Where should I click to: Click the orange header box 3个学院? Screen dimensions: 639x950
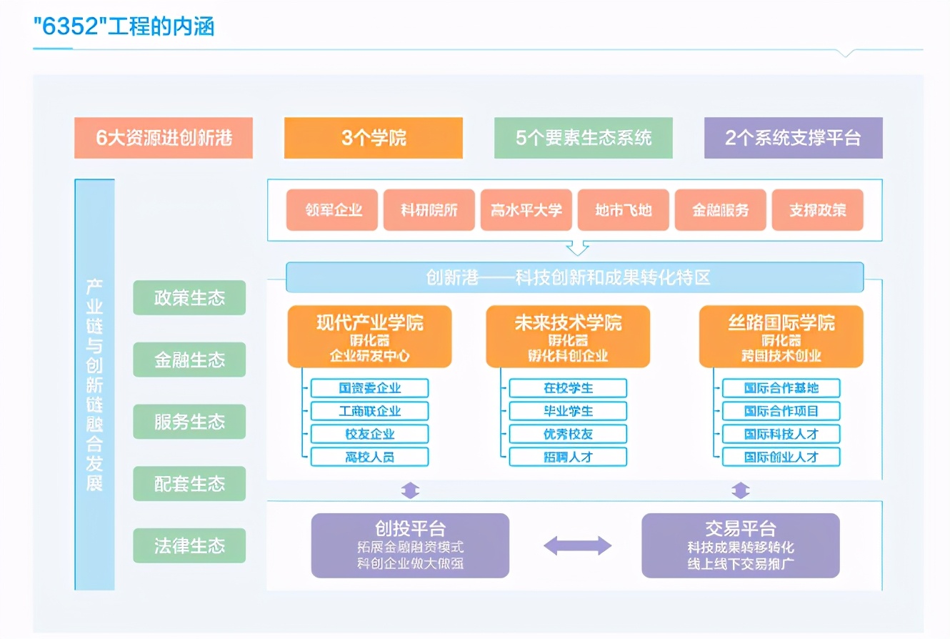point(373,138)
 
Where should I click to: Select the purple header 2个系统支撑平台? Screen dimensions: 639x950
point(793,138)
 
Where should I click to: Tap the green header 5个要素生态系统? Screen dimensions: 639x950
point(584,138)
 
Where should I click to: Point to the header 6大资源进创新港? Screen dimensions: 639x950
point(164,138)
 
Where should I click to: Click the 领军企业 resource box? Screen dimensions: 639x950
point(332,210)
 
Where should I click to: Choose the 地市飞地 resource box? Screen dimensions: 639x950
point(623,210)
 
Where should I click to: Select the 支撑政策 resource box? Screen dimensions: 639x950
point(817,210)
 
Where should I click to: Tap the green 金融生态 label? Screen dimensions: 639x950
point(189,360)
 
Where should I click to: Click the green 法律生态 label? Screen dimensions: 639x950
point(189,546)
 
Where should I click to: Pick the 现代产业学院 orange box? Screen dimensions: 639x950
point(369,337)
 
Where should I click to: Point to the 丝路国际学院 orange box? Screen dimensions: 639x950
point(781,337)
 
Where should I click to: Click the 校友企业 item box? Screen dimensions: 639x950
point(369,434)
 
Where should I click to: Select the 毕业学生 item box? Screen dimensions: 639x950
point(568,411)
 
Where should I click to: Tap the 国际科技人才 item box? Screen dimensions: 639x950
point(781,434)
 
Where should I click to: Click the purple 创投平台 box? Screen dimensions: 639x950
point(410,545)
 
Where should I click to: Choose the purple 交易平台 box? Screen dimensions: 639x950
point(740,545)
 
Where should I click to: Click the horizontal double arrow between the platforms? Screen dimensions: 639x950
point(577,546)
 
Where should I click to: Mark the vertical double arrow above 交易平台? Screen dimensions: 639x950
point(741,490)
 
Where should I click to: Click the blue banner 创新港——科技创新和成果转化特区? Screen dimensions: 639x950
point(574,277)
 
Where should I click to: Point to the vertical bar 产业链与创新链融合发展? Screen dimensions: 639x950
point(94,385)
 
